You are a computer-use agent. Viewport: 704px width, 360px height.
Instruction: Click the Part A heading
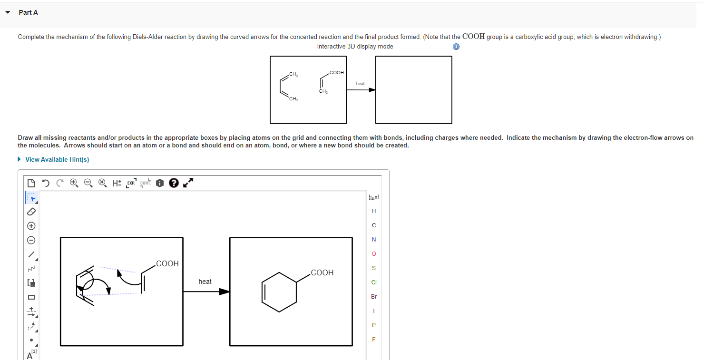pos(28,12)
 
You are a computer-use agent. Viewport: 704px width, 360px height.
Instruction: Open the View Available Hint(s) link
pos(57,159)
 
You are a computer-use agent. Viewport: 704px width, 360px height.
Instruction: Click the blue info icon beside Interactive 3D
pos(456,47)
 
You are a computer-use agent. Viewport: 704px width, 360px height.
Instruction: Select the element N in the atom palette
pos(373,239)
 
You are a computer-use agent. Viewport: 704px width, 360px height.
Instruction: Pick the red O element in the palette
pos(373,253)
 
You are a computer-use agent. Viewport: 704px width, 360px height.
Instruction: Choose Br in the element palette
pos(373,296)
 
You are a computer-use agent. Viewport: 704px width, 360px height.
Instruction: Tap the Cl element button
pos(373,282)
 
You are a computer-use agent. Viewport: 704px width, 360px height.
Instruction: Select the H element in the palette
pos(373,211)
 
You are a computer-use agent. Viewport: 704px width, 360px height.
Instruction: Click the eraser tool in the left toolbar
pos(31,211)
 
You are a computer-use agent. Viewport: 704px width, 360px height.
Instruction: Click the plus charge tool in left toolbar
pos(31,225)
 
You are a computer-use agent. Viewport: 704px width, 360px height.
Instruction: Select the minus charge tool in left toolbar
pos(31,240)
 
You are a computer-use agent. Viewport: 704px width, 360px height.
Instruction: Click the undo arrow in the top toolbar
pos(45,183)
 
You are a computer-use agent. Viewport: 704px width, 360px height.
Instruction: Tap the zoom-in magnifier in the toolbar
pos(74,183)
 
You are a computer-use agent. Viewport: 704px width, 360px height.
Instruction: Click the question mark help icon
pos(174,183)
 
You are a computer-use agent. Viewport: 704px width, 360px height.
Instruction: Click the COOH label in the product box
pos(322,272)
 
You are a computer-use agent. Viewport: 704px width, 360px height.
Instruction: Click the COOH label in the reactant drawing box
pos(167,263)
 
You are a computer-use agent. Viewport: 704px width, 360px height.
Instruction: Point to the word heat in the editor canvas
pos(205,282)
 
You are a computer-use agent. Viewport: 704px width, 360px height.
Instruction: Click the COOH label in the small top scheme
pos(336,72)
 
